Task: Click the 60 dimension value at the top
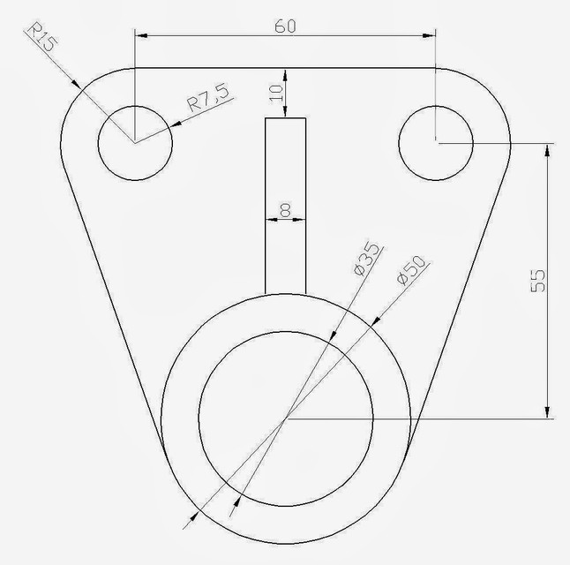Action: [x=284, y=26]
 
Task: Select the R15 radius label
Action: [x=41, y=41]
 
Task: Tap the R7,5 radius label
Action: [x=208, y=98]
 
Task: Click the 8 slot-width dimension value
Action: [x=285, y=209]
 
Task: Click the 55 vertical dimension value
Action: [x=539, y=280]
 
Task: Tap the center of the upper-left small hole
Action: [x=134, y=142]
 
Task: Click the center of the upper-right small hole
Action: [x=436, y=142]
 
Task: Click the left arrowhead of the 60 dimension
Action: [x=140, y=36]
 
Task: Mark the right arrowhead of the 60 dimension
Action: [x=430, y=36]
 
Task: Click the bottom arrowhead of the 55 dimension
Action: [x=549, y=411]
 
